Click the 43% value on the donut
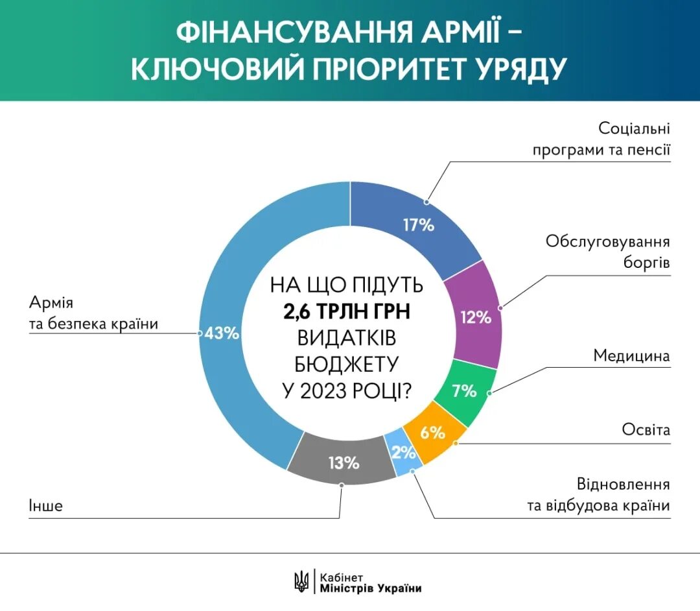tap(222, 334)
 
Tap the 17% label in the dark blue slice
tap(418, 225)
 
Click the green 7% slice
tap(464, 391)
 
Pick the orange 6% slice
tap(432, 432)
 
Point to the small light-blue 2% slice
tap(403, 453)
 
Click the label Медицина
tap(631, 356)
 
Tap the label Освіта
tap(646, 429)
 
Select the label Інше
tap(45, 506)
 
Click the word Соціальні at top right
tap(634, 127)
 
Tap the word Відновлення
tap(623, 484)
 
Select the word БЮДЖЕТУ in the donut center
tap(347, 365)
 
